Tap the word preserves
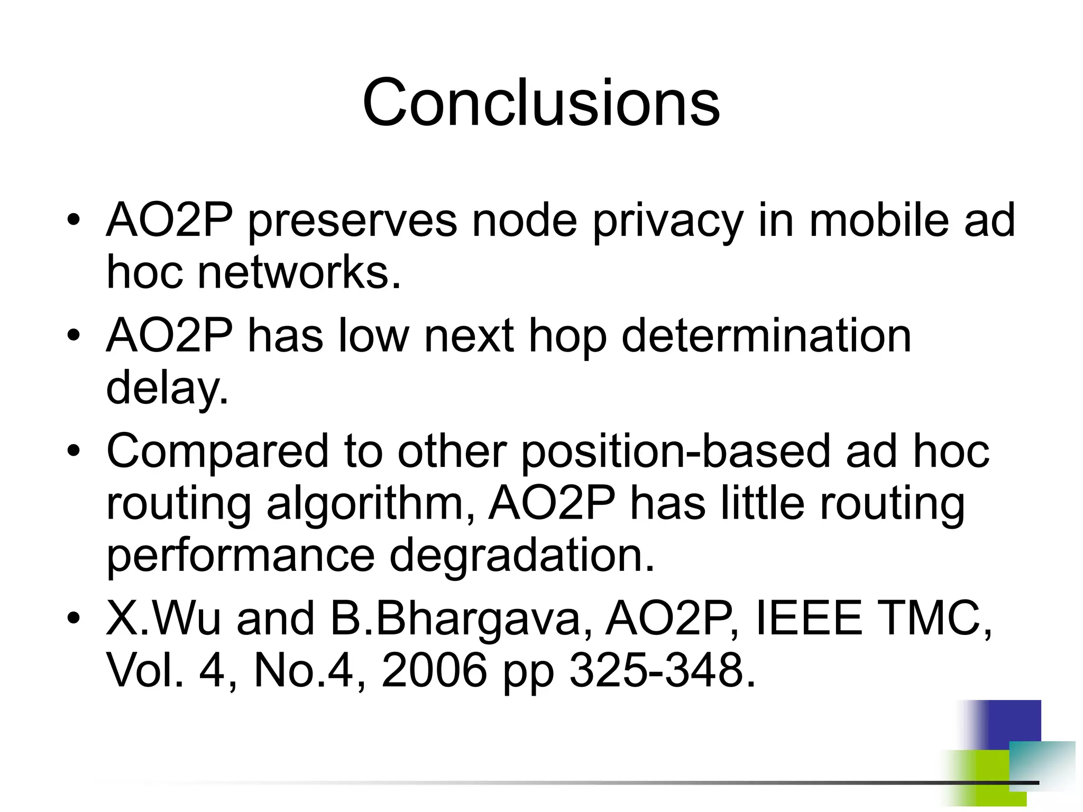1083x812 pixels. pyautogui.click(x=352, y=220)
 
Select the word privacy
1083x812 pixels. pyautogui.click(x=667, y=220)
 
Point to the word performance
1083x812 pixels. pyautogui.click(x=241, y=556)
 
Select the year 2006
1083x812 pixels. pyautogui.click(x=434, y=671)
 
